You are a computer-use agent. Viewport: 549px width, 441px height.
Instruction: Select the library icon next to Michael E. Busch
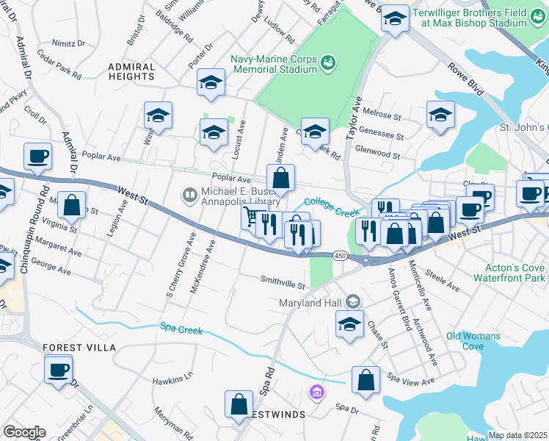tap(189, 194)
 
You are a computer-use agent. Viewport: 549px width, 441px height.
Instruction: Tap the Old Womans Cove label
tap(473, 341)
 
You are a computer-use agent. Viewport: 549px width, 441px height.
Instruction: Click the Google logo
tap(23, 431)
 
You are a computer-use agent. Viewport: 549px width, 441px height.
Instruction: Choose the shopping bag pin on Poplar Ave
tap(281, 177)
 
